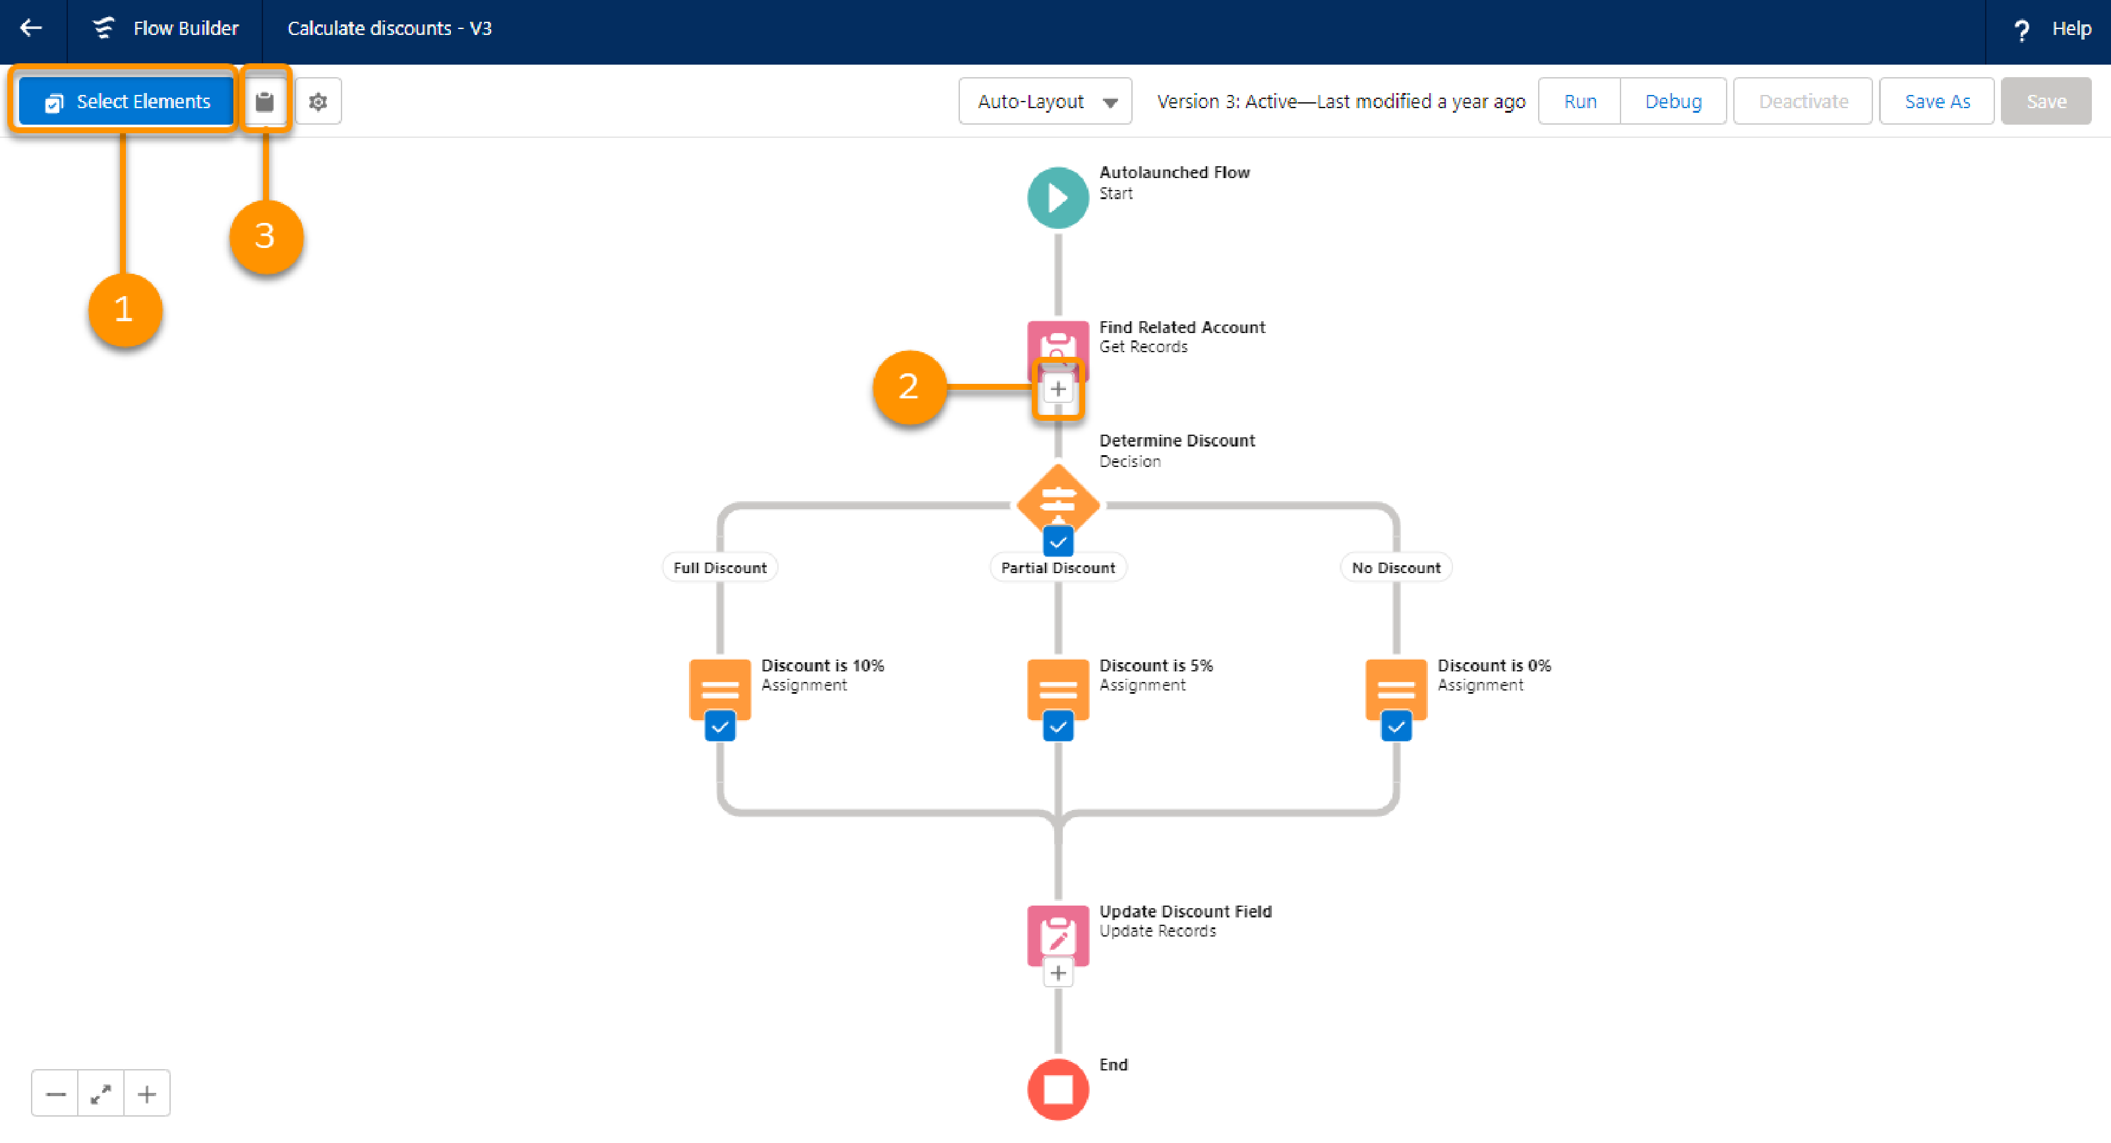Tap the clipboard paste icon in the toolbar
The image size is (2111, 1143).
[x=264, y=102]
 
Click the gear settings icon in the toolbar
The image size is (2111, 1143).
[x=318, y=102]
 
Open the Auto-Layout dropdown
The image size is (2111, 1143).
[x=1045, y=102]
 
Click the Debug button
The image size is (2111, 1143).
[x=1673, y=102]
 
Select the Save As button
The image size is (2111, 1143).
[x=1936, y=102]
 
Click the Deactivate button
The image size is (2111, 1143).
[x=1803, y=102]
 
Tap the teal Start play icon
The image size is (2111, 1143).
[x=1058, y=198]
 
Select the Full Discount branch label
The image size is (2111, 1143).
[x=719, y=567]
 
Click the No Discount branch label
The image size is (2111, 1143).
[x=1396, y=567]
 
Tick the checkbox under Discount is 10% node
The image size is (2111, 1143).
[x=719, y=726]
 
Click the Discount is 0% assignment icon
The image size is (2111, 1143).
[x=1396, y=689]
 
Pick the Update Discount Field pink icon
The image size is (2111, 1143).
[x=1058, y=935]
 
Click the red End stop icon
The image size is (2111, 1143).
[x=1058, y=1090]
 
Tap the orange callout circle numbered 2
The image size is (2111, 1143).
[x=909, y=387]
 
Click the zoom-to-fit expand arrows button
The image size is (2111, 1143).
[x=101, y=1094]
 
